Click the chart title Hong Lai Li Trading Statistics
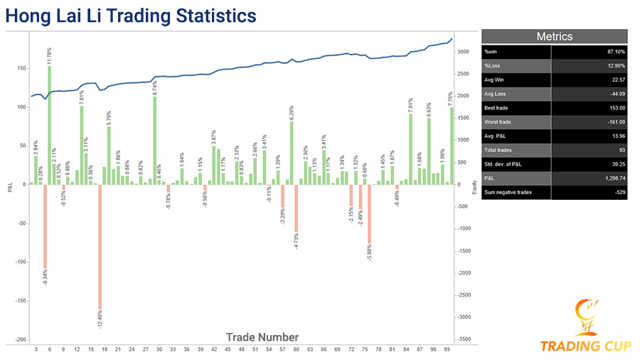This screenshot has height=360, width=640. [131, 15]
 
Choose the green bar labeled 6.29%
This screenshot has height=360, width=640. [292, 152]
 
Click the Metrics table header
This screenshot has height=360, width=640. [554, 36]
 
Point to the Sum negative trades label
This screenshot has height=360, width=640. [508, 192]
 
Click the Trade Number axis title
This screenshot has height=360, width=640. [262, 337]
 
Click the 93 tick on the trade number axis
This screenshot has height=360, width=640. [447, 349]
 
